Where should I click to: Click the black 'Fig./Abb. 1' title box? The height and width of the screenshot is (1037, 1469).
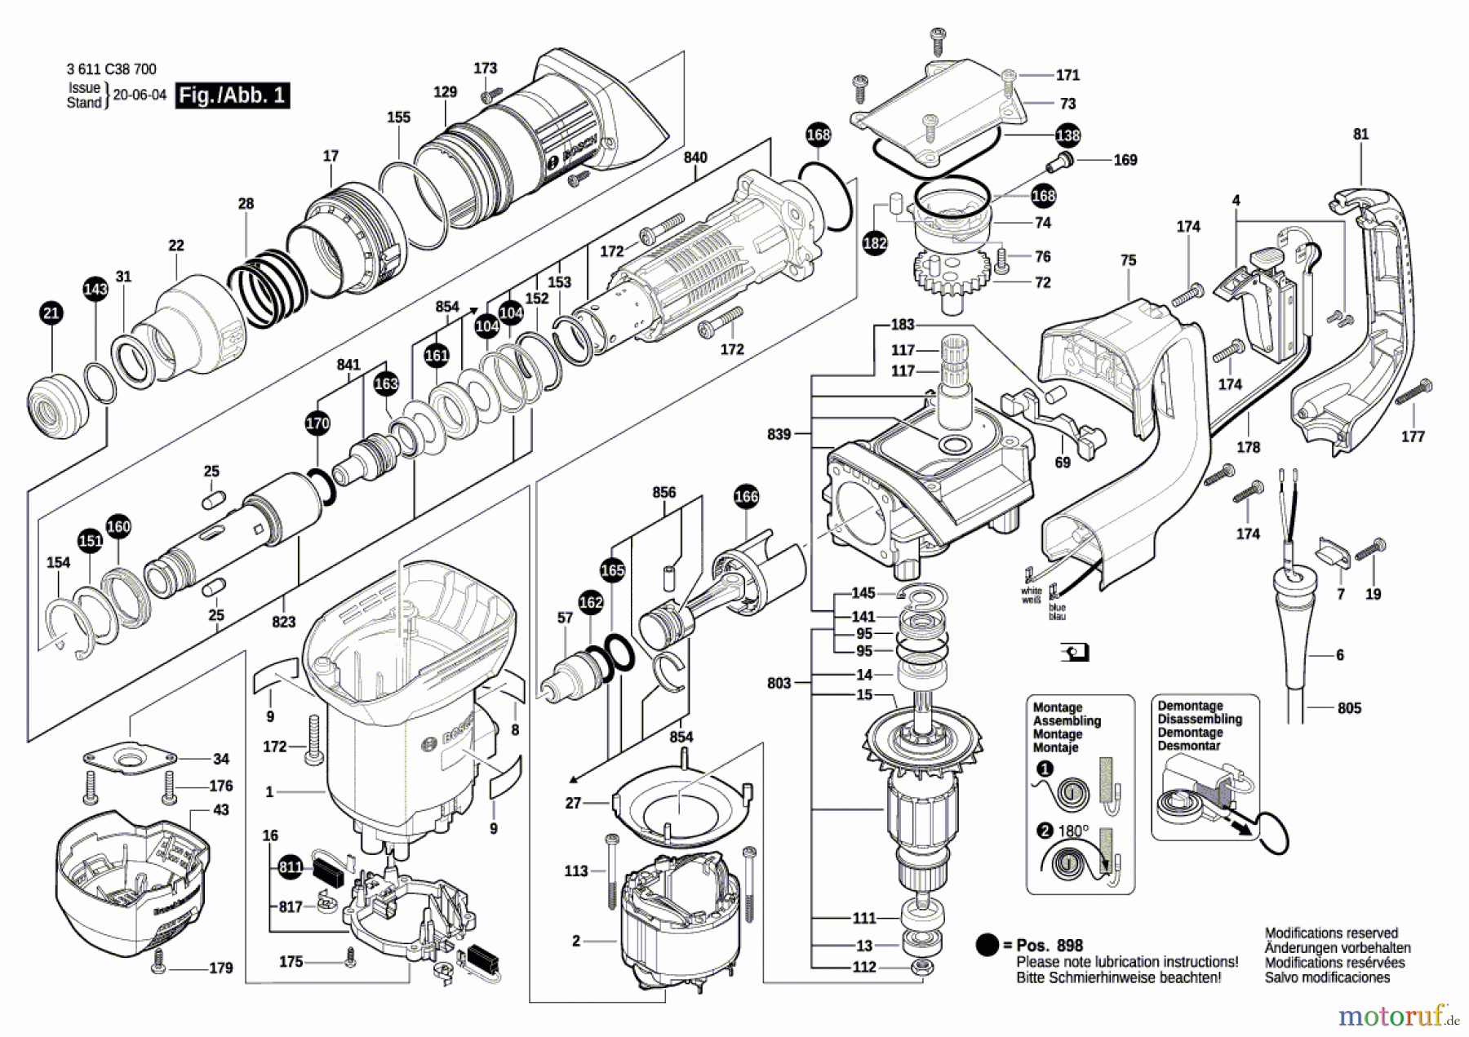pyautogui.click(x=233, y=95)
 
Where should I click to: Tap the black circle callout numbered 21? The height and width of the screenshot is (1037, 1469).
pyautogui.click(x=51, y=312)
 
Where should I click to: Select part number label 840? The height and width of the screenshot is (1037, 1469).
pyautogui.click(x=695, y=157)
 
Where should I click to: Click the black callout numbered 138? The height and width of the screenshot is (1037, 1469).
pyautogui.click(x=1067, y=135)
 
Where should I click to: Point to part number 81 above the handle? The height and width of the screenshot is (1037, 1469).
pyautogui.click(x=1360, y=134)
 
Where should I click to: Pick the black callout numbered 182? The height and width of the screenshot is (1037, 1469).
pyautogui.click(x=875, y=242)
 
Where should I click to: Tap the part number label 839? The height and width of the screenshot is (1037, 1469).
pyautogui.click(x=779, y=434)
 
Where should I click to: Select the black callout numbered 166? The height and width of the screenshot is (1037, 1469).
pyautogui.click(x=746, y=496)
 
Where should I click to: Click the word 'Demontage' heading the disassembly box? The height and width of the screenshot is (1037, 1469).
pyautogui.click(x=1190, y=706)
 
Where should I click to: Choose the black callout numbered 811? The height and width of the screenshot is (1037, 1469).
pyautogui.click(x=291, y=866)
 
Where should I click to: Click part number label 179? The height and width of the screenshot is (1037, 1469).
pyautogui.click(x=220, y=968)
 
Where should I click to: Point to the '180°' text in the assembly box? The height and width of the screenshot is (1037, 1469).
pyautogui.click(x=1073, y=831)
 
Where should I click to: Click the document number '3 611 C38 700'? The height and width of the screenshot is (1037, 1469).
pyautogui.click(x=111, y=69)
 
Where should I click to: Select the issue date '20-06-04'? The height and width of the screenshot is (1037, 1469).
pyautogui.click(x=140, y=95)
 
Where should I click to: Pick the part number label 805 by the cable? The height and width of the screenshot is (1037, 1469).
pyautogui.click(x=1349, y=708)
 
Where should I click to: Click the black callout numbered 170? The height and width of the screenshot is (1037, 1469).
pyautogui.click(x=317, y=423)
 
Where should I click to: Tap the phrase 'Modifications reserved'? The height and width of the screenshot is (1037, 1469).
pyautogui.click(x=1331, y=933)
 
